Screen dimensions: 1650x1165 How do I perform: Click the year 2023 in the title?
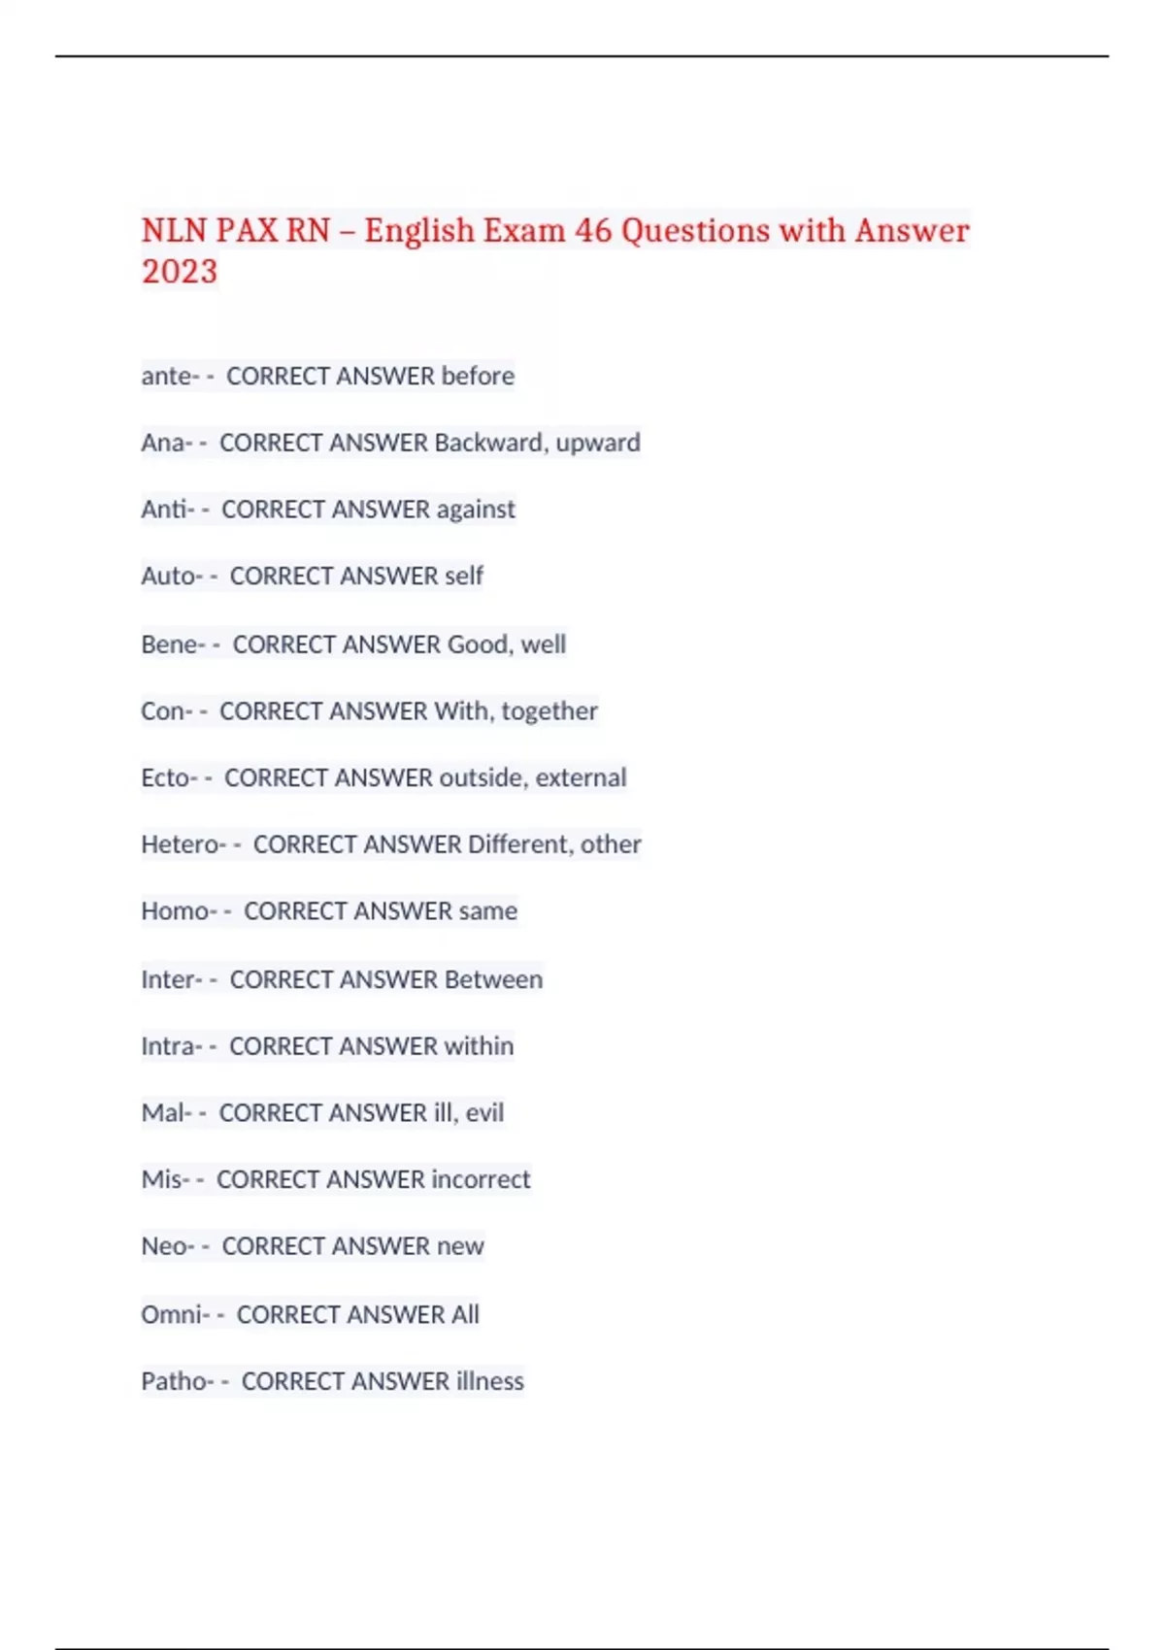tap(180, 272)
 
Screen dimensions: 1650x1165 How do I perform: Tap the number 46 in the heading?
tap(593, 231)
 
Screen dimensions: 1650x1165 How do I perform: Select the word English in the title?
tap(419, 231)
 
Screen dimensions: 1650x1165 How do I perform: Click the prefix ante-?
tap(170, 376)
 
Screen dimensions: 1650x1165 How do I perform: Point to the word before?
tap(478, 376)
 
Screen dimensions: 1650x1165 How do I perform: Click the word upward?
tap(598, 443)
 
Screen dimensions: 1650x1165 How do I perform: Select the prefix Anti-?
tap(168, 510)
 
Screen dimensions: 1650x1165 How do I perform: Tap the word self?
tap(464, 577)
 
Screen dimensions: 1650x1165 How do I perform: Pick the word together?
tap(549, 711)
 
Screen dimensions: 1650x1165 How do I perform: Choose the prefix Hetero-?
tap(183, 844)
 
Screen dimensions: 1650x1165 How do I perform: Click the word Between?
tap(493, 979)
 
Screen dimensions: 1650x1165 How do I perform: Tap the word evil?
tap(484, 1112)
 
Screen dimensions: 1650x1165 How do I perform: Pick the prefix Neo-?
tap(168, 1246)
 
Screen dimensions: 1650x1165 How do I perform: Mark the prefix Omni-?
tap(176, 1314)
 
